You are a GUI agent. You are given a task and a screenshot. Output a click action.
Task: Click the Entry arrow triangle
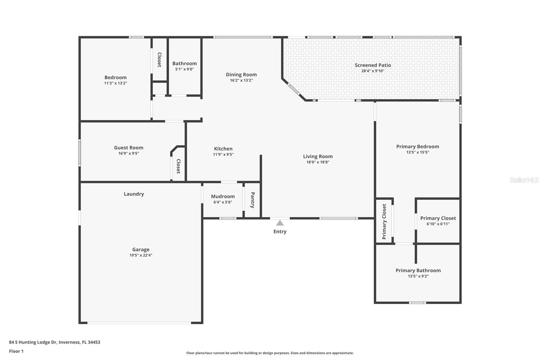[x=280, y=223]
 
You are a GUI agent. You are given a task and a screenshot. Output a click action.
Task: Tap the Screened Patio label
[x=373, y=65]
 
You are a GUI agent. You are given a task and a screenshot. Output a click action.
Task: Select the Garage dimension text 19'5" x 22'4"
[x=141, y=255]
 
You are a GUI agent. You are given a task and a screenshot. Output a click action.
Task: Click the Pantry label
[x=252, y=200]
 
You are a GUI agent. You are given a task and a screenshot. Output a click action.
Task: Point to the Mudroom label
[x=223, y=196]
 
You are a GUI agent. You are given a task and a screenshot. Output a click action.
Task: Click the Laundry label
[x=134, y=194]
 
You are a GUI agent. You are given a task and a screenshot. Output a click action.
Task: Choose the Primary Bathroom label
[x=418, y=270]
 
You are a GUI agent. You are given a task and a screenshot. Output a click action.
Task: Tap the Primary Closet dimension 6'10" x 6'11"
[x=438, y=224]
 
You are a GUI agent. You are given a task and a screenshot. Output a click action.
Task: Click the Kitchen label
[x=223, y=149]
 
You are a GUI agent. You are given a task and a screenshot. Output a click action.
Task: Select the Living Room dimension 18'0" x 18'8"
[x=318, y=162]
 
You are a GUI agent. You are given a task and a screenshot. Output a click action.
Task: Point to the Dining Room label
[x=241, y=75]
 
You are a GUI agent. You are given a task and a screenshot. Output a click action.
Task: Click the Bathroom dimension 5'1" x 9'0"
[x=184, y=69]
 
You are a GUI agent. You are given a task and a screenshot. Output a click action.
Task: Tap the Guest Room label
[x=129, y=148]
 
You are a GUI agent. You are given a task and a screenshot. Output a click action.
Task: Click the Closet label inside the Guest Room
[x=178, y=166]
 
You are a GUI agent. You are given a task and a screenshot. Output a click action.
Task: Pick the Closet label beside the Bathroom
[x=159, y=59]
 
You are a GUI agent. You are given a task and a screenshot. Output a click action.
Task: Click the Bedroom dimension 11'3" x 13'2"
[x=115, y=83]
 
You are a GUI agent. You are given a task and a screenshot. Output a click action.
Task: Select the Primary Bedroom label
[x=417, y=146]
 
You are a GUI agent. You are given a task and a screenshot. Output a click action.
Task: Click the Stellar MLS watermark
[x=524, y=180]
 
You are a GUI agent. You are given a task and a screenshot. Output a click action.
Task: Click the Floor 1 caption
[x=16, y=351]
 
